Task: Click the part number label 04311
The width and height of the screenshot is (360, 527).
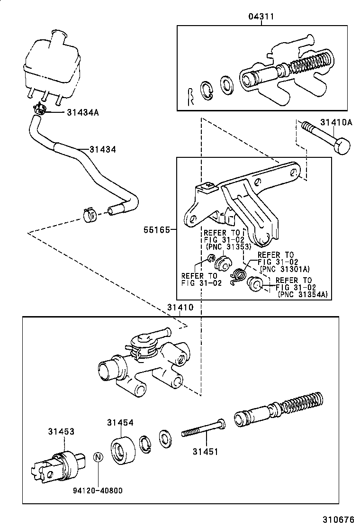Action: click(x=261, y=17)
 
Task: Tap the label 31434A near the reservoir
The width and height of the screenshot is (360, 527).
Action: click(x=83, y=112)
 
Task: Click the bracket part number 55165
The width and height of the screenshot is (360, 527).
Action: click(x=156, y=229)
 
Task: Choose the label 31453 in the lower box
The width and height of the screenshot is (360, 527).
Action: click(x=61, y=431)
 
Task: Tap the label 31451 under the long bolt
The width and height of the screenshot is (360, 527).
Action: click(x=205, y=452)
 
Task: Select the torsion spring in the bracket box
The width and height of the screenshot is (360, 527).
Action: click(x=238, y=275)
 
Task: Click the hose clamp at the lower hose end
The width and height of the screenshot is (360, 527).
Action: click(x=90, y=214)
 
